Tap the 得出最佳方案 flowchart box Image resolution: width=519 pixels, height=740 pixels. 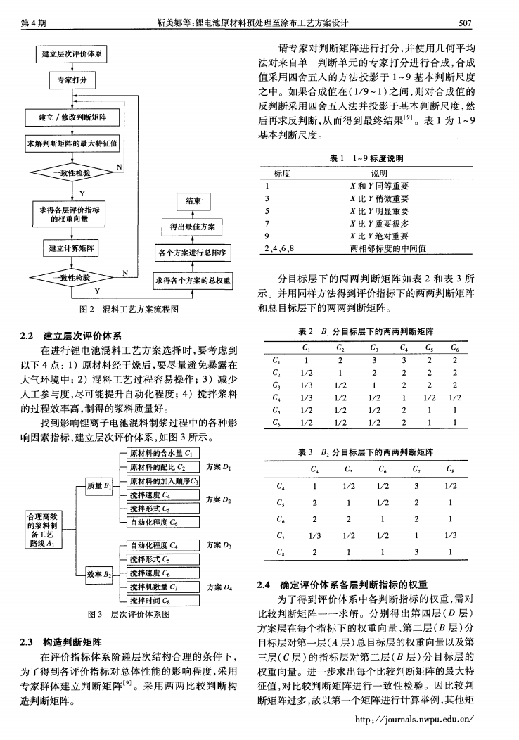(193, 227)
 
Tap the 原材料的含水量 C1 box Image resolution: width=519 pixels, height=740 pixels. (161, 452)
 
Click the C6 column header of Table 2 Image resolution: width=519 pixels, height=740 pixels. (456, 346)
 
